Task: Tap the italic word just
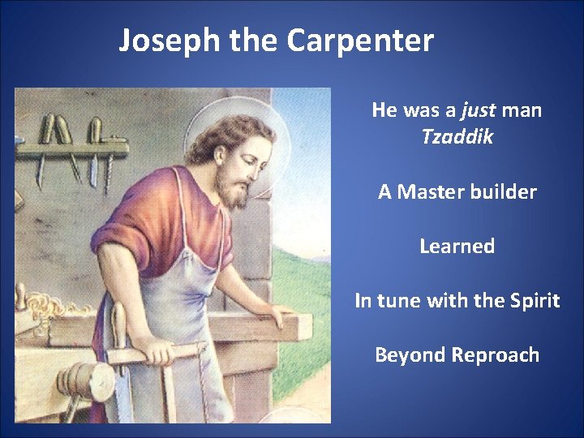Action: (478, 109)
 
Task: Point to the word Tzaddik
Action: (457, 137)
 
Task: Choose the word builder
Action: (508, 192)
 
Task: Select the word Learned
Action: (457, 247)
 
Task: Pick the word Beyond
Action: (409, 355)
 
